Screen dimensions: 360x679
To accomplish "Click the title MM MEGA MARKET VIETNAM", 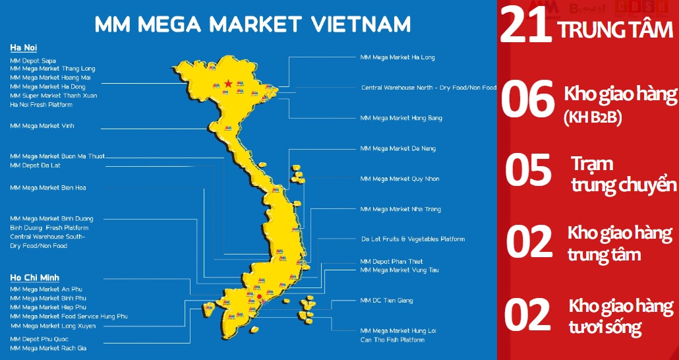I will click(252, 24).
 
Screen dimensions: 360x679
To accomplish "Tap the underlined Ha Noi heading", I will click(22, 48).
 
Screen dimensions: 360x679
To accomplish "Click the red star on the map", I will click(228, 84).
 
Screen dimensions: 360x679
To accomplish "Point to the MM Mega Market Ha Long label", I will click(398, 57).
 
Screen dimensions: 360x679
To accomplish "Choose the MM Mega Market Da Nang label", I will click(398, 148).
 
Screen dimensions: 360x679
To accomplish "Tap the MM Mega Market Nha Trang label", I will click(401, 209).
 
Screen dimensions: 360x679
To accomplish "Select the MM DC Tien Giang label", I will click(386, 301).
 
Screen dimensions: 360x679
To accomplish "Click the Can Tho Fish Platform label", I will click(392, 340).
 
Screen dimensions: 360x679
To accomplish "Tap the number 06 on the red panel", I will click(527, 101).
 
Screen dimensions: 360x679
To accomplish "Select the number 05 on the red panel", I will click(527, 169).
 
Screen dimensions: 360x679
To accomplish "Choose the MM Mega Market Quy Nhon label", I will click(399, 179).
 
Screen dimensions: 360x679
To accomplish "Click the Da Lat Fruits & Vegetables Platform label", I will click(413, 239).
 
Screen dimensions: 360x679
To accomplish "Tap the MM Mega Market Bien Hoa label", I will click(48, 188).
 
